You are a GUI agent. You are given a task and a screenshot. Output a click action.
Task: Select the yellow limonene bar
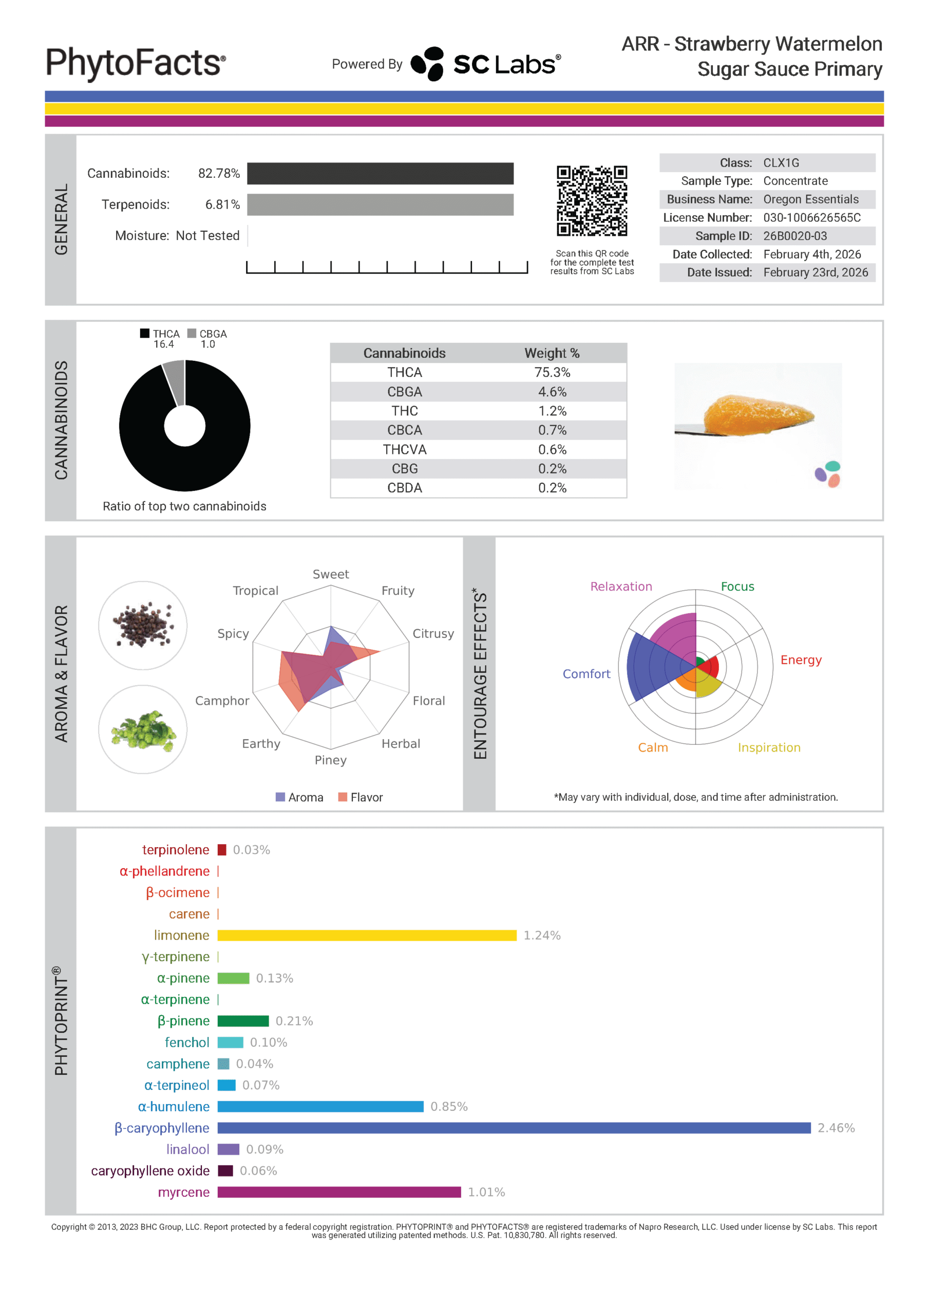pos(367,936)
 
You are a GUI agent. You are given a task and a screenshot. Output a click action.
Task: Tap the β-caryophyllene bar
pos(514,1128)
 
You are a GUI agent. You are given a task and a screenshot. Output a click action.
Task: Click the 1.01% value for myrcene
pos(486,1192)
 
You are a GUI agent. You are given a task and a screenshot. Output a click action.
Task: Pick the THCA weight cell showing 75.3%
pos(552,373)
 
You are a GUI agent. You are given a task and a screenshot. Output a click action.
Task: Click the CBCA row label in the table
pos(404,430)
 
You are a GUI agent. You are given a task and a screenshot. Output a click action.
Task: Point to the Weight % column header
pos(552,353)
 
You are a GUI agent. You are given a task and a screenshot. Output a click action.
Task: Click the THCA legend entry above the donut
pos(160,334)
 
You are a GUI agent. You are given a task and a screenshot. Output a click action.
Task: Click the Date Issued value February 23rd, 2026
pos(816,272)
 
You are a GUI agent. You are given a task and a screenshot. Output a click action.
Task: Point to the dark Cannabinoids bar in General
pos(381,174)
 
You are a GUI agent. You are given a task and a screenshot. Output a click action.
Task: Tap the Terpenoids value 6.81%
pos(222,205)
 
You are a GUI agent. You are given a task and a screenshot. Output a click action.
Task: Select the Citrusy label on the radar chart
pos(433,633)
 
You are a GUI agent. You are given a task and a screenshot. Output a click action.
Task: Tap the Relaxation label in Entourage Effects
pos(621,587)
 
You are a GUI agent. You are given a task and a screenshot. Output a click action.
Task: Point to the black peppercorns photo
pos(143,625)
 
